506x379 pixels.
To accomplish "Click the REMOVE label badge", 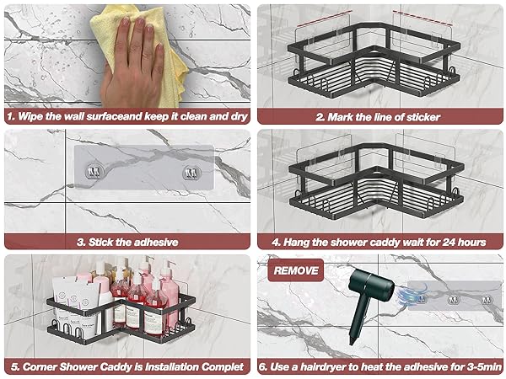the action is pyautogui.click(x=296, y=270).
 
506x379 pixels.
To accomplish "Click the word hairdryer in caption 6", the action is pyautogui.click(x=325, y=366).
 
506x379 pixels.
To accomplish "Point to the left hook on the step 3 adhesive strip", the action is pyautogui.click(x=93, y=171).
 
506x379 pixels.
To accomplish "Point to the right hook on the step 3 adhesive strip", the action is pyautogui.click(x=191, y=173).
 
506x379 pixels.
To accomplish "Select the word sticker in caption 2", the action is pyautogui.click(x=423, y=117).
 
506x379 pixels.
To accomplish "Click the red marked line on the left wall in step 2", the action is pyautogui.click(x=324, y=19).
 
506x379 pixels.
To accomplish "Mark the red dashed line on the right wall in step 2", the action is pyautogui.click(x=423, y=18).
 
